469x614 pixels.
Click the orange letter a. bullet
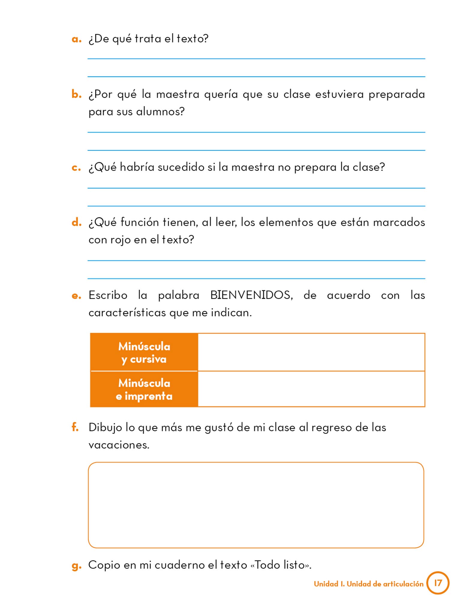[x=76, y=39]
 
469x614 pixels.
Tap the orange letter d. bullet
[x=76, y=222]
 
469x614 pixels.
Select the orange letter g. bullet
[x=76, y=565]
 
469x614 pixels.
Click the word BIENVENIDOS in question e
[x=251, y=295]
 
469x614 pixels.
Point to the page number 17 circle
[x=438, y=583]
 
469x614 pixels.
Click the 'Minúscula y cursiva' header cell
[x=144, y=353]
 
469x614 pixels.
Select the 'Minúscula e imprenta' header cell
[x=144, y=389]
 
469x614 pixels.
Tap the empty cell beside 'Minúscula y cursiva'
[x=311, y=352]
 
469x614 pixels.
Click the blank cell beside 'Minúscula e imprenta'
[x=311, y=389]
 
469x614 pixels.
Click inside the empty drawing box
[x=256, y=505]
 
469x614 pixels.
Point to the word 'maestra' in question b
[x=178, y=94]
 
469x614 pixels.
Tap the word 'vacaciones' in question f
[x=119, y=445]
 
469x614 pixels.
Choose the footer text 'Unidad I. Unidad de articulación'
[x=369, y=584]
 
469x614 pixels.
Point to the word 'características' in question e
[x=127, y=313]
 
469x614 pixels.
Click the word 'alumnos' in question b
[x=160, y=112]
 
